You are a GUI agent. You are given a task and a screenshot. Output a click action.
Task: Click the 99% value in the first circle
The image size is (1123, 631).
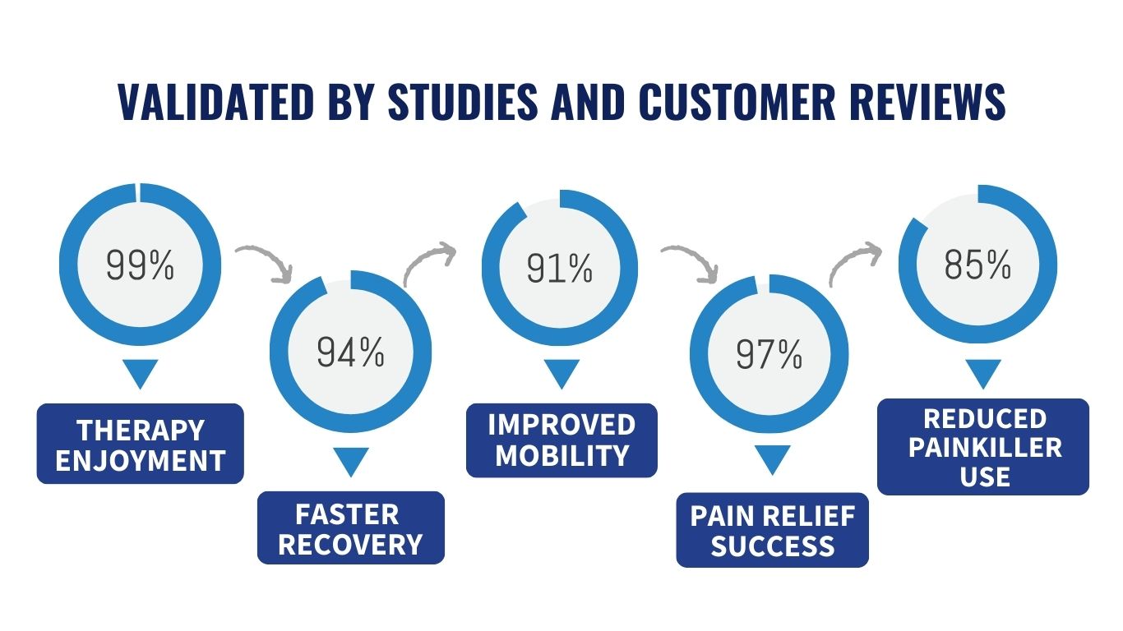click(x=140, y=265)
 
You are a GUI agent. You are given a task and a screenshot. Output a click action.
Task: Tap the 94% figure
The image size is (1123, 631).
click(x=350, y=352)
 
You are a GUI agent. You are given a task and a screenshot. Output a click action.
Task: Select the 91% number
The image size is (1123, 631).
click(x=560, y=268)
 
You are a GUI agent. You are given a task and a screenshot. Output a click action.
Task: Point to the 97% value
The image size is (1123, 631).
click(x=769, y=354)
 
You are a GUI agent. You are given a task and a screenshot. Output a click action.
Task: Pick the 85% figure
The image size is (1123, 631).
click(x=977, y=264)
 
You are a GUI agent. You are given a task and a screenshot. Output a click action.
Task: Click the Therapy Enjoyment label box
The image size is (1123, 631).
click(x=141, y=444)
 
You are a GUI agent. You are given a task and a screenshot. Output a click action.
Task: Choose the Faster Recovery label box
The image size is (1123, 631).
click(x=351, y=527)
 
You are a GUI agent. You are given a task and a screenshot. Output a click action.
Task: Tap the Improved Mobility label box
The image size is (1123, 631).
click(x=561, y=440)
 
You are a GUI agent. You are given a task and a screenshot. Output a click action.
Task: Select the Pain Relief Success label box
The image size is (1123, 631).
click(x=772, y=530)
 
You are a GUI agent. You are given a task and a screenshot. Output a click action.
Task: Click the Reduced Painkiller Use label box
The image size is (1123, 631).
click(x=983, y=447)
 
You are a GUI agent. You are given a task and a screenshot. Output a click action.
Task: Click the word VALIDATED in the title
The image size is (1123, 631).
click(x=216, y=102)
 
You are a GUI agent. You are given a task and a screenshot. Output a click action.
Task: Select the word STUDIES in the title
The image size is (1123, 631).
click(x=463, y=102)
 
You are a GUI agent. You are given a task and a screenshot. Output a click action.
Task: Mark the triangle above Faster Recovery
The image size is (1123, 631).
click(x=351, y=462)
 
